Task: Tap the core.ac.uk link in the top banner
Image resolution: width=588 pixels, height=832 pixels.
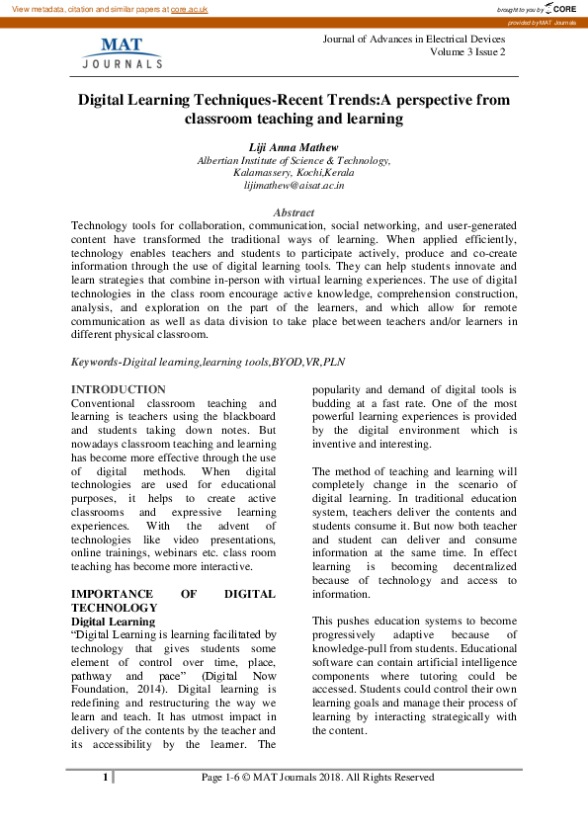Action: [189, 8]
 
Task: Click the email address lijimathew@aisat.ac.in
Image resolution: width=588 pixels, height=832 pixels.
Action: [294, 185]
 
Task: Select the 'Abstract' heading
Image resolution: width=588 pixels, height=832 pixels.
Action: [294, 212]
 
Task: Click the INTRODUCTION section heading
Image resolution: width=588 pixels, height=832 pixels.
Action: [119, 389]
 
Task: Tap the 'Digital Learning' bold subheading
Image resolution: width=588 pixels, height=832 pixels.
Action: [113, 622]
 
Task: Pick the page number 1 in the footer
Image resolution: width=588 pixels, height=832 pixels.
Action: [105, 778]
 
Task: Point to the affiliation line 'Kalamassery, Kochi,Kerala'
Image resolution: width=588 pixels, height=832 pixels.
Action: [294, 172]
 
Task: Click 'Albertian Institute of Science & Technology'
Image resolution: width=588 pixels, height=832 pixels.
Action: [294, 159]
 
